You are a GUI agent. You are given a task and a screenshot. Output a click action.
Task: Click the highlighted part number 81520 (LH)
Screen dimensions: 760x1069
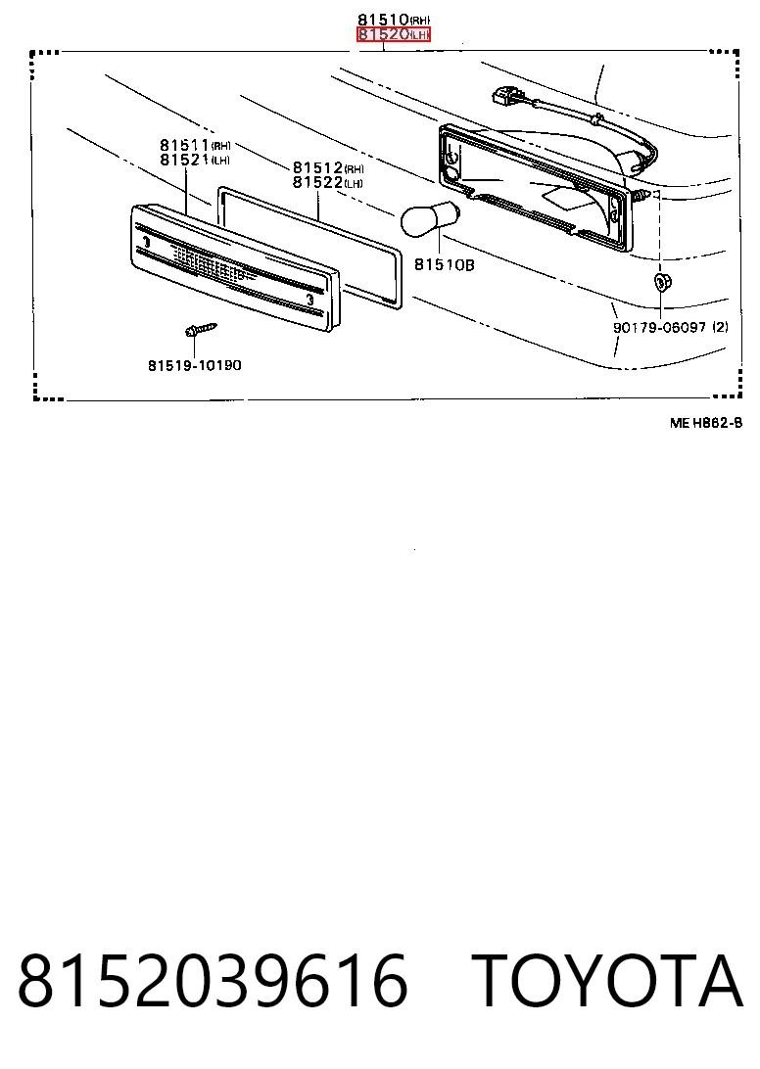[x=394, y=34]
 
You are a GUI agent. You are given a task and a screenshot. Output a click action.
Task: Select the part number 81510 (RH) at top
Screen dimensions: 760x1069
[x=394, y=20]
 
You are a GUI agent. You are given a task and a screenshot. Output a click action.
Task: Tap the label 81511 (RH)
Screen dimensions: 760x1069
[x=195, y=145]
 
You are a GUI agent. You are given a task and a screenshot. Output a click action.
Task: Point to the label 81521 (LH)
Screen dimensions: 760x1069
[x=195, y=160]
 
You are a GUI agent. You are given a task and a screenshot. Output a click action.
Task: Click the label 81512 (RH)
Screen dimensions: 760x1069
[x=328, y=167]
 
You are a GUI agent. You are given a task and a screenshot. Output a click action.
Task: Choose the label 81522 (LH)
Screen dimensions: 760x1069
[x=328, y=183]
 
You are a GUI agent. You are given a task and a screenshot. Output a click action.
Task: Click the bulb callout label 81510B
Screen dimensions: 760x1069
[x=444, y=264]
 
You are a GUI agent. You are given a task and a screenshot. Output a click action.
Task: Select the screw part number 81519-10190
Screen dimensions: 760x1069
[x=195, y=365]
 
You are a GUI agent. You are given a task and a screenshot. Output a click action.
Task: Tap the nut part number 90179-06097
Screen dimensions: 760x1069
[x=659, y=327]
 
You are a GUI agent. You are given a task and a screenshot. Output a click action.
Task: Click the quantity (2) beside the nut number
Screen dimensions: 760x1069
[x=720, y=327]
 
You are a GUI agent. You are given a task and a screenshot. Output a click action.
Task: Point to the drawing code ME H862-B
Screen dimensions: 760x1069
[x=706, y=423]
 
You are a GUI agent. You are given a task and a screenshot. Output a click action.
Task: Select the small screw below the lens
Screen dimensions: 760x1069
[x=200, y=331]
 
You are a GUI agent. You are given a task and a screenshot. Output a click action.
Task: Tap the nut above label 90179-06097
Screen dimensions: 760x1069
[x=660, y=281]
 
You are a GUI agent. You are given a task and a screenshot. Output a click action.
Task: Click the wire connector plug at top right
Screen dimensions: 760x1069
[x=503, y=96]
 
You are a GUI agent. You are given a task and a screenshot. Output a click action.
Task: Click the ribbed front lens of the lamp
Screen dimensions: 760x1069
[x=235, y=268]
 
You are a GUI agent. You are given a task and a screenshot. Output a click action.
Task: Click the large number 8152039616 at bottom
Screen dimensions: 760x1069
[x=213, y=981]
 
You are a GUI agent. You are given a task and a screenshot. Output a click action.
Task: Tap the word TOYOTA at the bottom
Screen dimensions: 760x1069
[x=606, y=981]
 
